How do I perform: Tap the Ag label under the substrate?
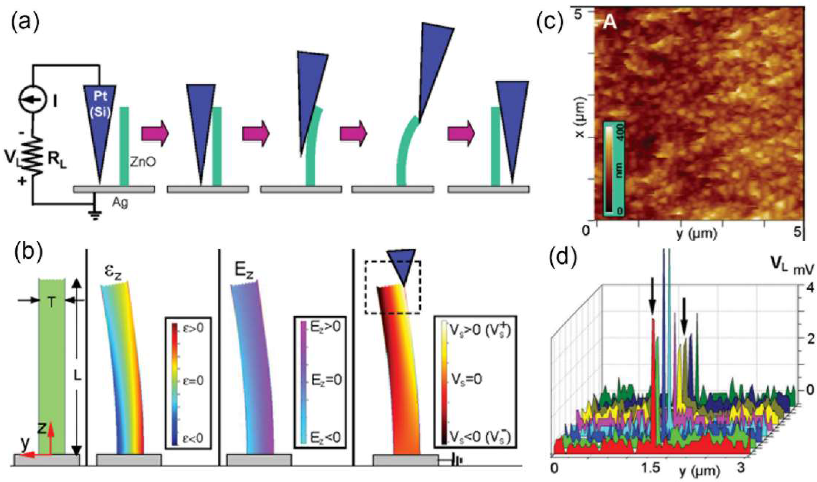120,203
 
